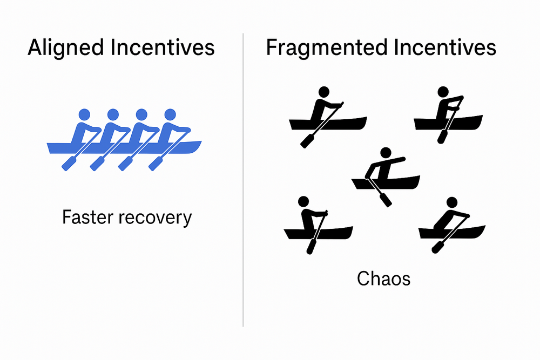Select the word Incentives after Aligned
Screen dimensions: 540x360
[x=162, y=48]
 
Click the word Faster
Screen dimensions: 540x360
[x=87, y=218]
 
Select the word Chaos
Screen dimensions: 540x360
[x=383, y=279]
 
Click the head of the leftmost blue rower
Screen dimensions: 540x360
[x=84, y=114]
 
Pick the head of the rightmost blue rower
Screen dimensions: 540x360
[x=170, y=114]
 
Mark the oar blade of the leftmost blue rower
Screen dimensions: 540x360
[x=69, y=164]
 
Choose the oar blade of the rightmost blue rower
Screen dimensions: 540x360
[x=155, y=164]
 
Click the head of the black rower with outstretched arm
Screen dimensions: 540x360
[x=385, y=153]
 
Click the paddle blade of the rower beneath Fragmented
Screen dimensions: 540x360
[x=308, y=141]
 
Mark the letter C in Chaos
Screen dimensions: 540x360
[x=362, y=279]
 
